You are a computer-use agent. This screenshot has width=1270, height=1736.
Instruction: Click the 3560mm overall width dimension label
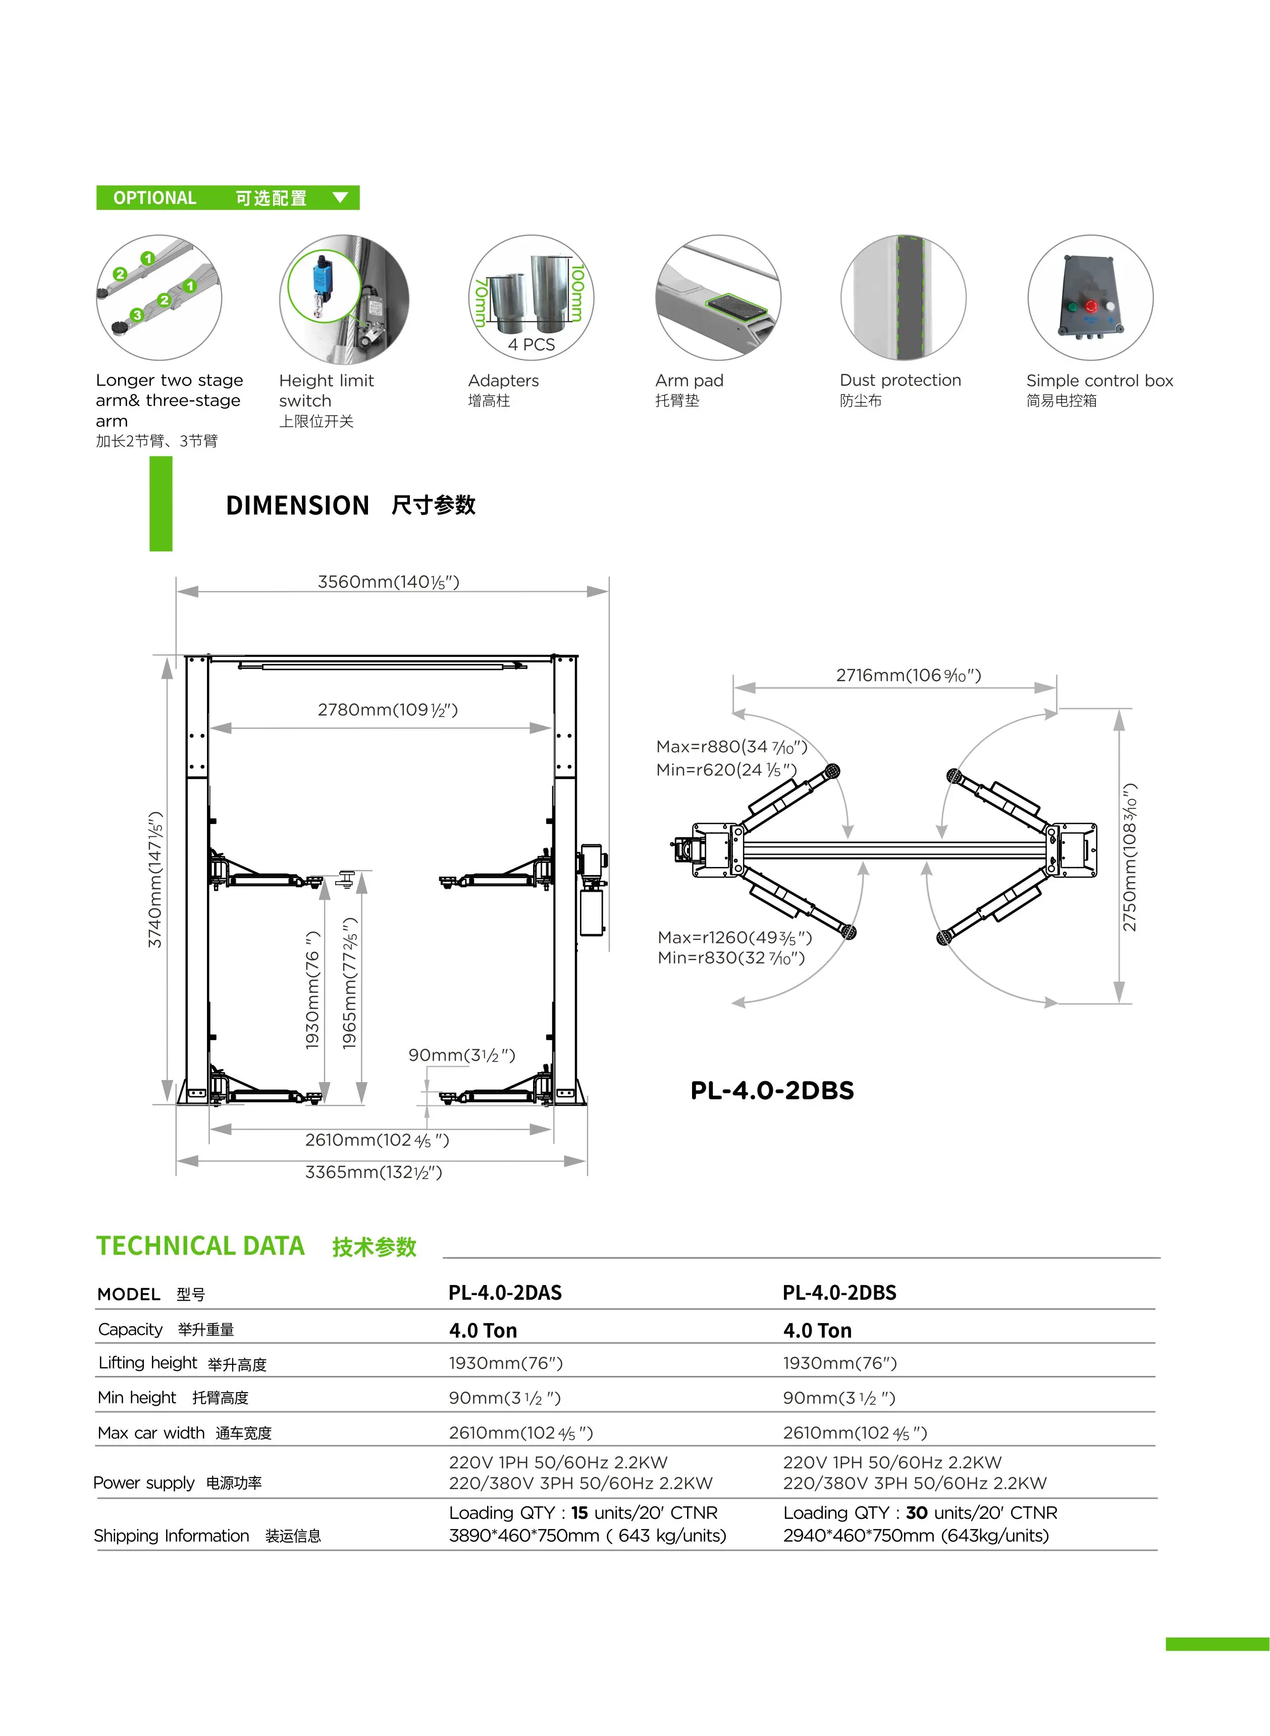pos(388,582)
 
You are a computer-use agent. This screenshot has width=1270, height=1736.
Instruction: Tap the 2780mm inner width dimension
pos(388,709)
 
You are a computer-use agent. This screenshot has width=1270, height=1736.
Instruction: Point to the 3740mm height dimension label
pos(155,880)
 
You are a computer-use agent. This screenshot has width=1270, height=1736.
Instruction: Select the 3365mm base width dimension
pos(374,1171)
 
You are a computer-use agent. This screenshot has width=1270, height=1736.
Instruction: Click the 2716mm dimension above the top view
pos(908,675)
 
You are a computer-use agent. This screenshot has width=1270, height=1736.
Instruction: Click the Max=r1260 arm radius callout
pos(734,937)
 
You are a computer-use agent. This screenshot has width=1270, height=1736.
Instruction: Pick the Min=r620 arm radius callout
pos(726,770)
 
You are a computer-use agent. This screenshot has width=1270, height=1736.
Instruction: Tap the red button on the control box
pos(1091,306)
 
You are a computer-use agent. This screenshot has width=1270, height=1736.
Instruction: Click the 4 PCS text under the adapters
pos(531,344)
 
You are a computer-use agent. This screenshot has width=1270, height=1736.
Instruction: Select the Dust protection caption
pos(900,381)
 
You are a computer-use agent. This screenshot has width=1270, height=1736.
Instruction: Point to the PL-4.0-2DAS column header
pos(505,1292)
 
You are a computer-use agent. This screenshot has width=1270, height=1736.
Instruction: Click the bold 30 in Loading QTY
pos(916,1513)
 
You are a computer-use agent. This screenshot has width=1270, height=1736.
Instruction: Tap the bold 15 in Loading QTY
pos(579,1513)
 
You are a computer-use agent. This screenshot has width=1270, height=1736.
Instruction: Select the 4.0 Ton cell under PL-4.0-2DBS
pos(817,1330)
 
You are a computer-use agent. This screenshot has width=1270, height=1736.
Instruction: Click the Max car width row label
pos(151,1433)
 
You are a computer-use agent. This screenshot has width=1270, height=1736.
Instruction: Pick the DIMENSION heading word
pos(297,505)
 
